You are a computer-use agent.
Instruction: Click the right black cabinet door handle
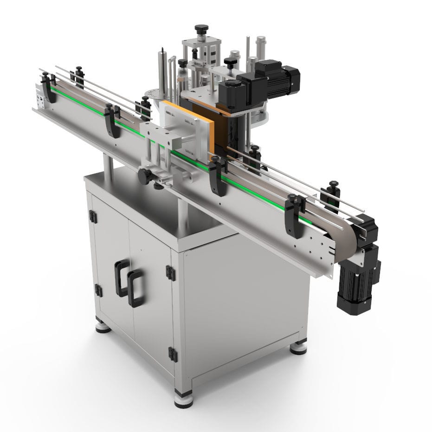[x=135, y=289]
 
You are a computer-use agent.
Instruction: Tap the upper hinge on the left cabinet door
[x=93, y=217]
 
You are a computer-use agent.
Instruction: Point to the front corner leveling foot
[x=184, y=399]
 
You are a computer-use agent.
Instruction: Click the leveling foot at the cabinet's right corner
[x=298, y=347]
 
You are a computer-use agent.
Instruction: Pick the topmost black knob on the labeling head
[x=201, y=29]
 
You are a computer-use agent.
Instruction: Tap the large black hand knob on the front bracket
[x=145, y=175]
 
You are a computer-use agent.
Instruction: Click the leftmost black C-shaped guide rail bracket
[x=48, y=88]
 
